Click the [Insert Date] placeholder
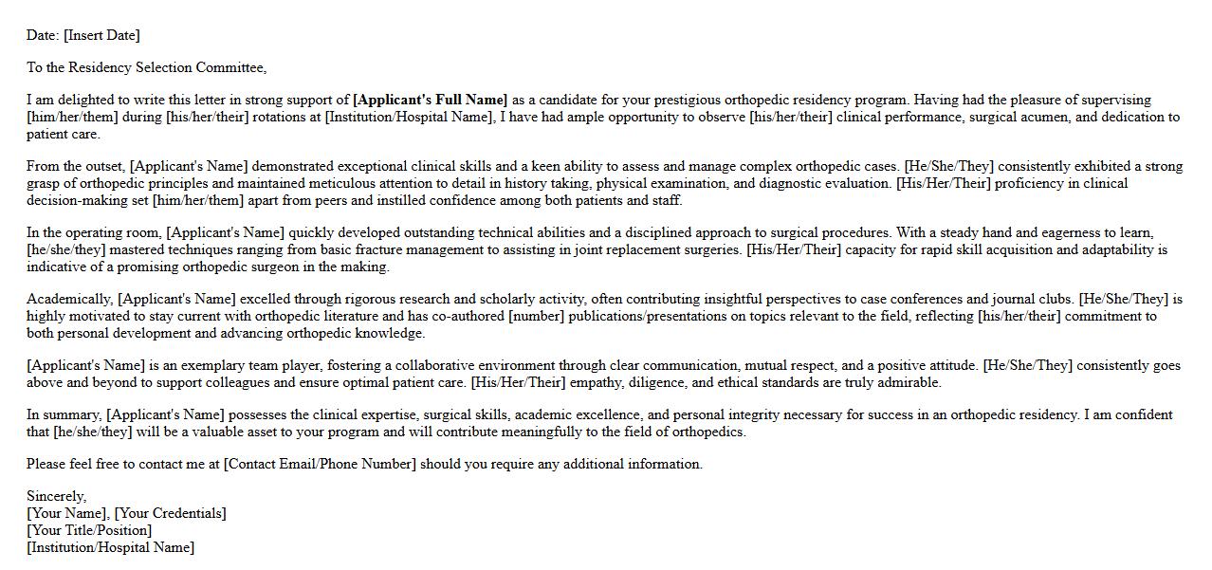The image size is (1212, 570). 101,35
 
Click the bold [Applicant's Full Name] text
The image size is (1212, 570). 430,100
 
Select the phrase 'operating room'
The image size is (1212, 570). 118,232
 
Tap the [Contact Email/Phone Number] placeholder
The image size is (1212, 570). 320,464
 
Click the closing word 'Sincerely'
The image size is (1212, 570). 55,496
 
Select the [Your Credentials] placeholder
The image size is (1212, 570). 171,513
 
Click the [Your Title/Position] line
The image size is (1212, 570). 89,530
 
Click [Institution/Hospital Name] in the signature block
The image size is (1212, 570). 110,547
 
